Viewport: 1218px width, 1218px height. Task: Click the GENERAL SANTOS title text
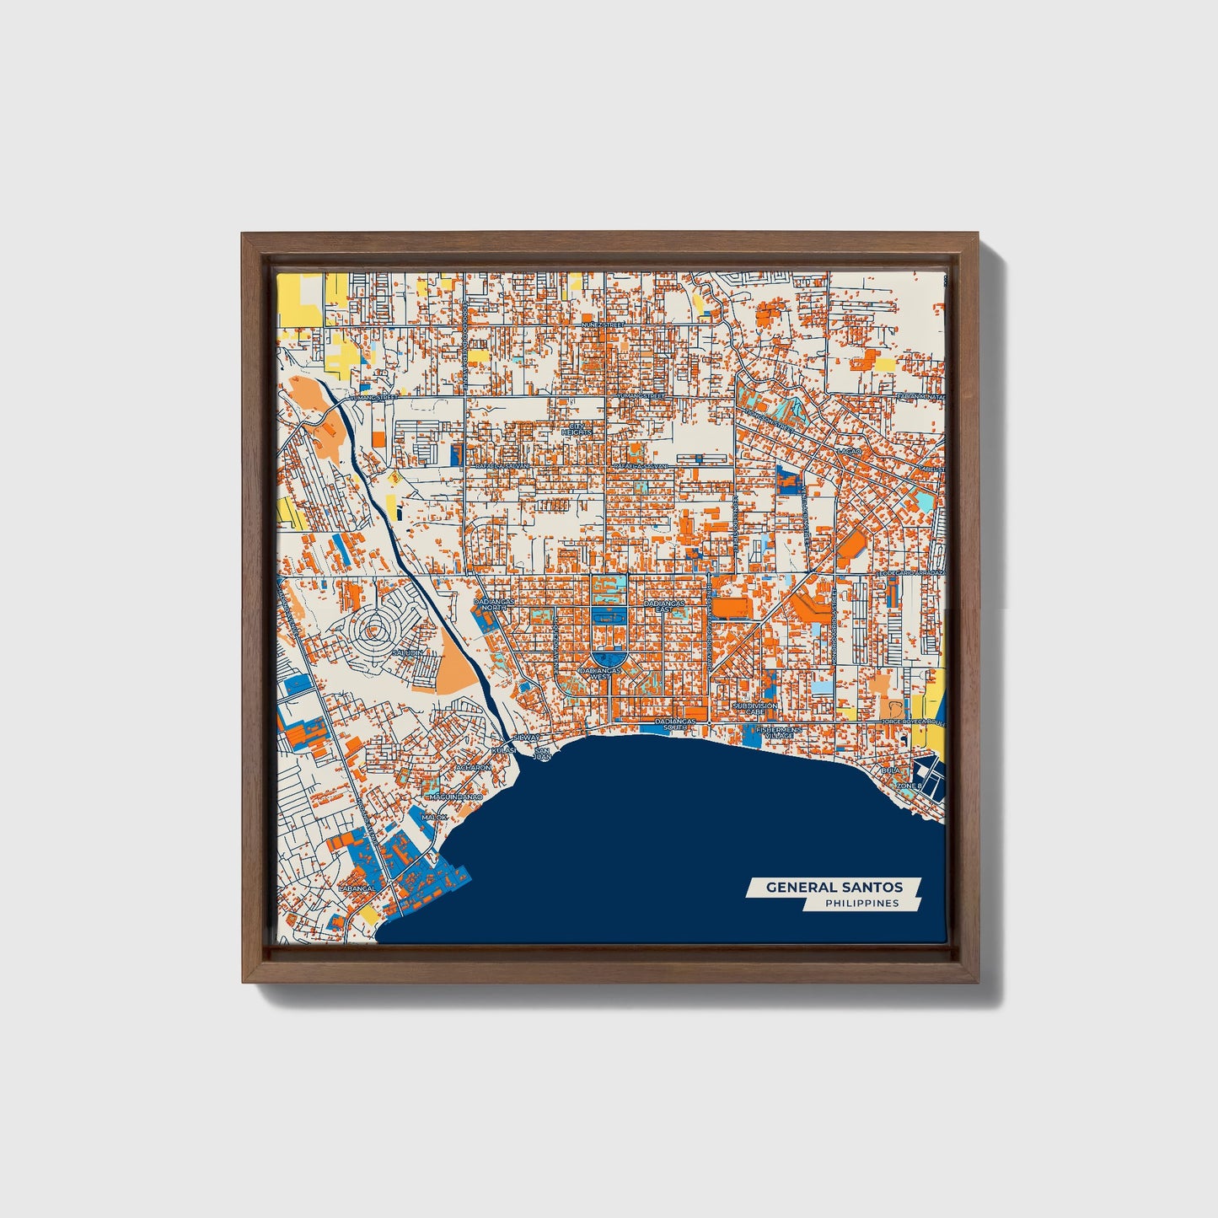coord(834,888)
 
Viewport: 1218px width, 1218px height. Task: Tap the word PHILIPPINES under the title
coord(861,904)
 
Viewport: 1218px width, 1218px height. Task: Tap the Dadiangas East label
coord(663,606)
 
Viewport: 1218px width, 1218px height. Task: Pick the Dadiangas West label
coord(599,673)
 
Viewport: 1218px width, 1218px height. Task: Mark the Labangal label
coord(356,888)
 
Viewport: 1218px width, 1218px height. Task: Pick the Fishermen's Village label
coord(774,732)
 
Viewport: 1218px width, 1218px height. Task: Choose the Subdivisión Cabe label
coord(754,709)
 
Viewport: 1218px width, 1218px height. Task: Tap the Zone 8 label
coord(909,786)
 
